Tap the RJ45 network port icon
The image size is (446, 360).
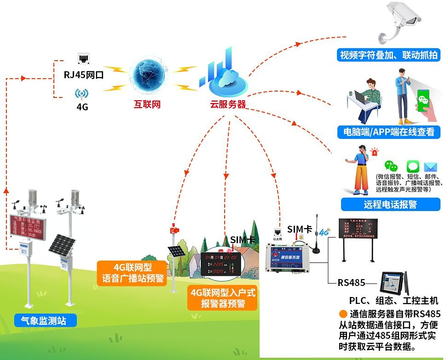click(84, 58)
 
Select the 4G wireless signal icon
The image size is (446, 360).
click(81, 94)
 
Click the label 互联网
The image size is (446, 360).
click(147, 104)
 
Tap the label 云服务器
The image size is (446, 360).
click(227, 104)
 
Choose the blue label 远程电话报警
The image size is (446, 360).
click(390, 204)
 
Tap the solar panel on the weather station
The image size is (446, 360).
click(61, 244)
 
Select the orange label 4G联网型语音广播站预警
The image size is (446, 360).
click(133, 273)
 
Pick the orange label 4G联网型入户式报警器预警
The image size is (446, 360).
click(223, 298)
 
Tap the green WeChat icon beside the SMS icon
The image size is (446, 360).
click(391, 166)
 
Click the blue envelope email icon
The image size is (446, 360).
click(430, 167)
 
